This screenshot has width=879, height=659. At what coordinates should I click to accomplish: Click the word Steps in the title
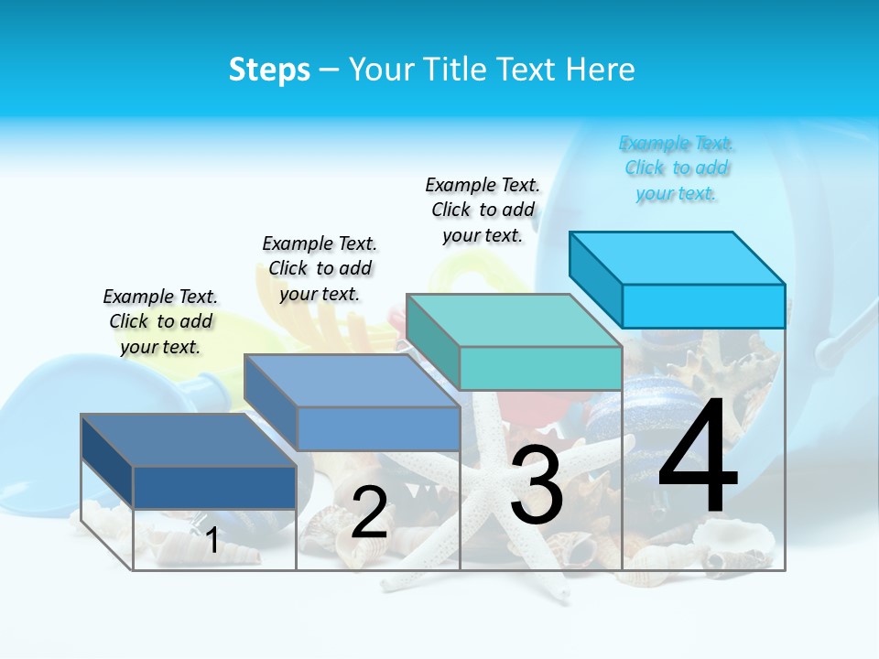pyautogui.click(x=269, y=70)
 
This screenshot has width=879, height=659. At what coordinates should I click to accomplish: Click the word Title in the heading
pyautogui.click(x=458, y=70)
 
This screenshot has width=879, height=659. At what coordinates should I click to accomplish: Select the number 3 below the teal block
pyautogui.click(x=536, y=485)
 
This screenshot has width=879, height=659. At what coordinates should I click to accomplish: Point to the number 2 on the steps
pyautogui.click(x=369, y=513)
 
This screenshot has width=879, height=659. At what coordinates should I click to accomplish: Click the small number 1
pyautogui.click(x=212, y=540)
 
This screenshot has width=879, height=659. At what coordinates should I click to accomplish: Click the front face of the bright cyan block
pyautogui.click(x=703, y=306)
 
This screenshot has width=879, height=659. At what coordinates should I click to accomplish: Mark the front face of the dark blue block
pyautogui.click(x=214, y=487)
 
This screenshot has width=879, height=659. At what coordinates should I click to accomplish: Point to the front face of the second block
pyautogui.click(x=377, y=428)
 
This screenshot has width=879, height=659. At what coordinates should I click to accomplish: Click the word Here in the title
pyautogui.click(x=602, y=70)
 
